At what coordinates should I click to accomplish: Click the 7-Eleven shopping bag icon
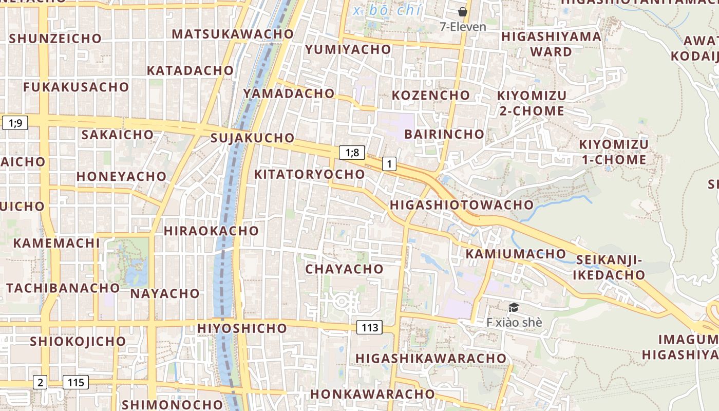[x=463, y=12]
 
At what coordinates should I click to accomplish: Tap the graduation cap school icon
[x=513, y=308]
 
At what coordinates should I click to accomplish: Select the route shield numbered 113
[x=369, y=328]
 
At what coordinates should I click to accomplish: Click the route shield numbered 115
[x=75, y=382]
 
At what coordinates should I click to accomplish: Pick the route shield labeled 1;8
[x=352, y=153]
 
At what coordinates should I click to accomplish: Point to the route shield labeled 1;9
[x=15, y=123]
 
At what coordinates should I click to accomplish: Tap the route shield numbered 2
[x=40, y=382]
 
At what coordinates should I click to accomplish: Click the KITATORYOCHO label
[x=309, y=174]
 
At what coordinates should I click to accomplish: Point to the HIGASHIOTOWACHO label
[x=462, y=205]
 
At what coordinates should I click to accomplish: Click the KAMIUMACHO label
[x=515, y=254]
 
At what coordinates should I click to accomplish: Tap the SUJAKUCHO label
[x=252, y=138]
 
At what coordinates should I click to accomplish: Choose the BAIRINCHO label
[x=444, y=134]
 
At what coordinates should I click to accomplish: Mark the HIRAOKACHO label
[x=211, y=231]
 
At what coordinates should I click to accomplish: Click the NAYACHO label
[x=165, y=293]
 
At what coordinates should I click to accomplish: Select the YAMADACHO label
[x=289, y=94]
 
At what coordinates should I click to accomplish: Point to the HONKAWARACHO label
[x=372, y=394]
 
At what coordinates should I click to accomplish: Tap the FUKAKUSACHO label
[x=75, y=87]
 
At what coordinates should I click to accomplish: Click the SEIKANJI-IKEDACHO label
[x=609, y=267]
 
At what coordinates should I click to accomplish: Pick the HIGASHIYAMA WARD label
[x=551, y=44]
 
